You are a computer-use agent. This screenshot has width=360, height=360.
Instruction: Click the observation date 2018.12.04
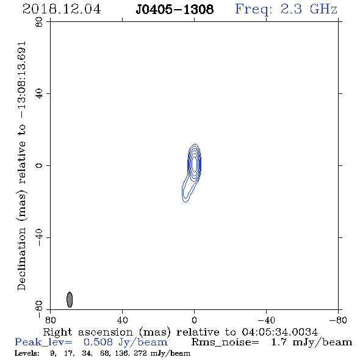tap(62, 9)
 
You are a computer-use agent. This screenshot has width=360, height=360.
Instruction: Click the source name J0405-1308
tap(175, 9)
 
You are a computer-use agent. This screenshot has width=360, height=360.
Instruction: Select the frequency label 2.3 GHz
tap(309, 9)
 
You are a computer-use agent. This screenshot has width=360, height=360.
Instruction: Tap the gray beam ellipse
tap(70, 300)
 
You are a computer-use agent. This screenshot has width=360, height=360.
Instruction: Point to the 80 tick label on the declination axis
tap(39, 22)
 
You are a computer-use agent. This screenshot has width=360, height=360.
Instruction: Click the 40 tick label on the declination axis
tap(39, 94)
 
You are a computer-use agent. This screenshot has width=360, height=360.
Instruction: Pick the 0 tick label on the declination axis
tap(39, 165)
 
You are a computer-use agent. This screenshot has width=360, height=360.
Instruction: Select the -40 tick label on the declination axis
tap(39, 237)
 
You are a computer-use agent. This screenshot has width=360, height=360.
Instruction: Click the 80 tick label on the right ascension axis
tap(50, 320)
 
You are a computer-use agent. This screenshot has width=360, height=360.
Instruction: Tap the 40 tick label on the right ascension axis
tap(122, 320)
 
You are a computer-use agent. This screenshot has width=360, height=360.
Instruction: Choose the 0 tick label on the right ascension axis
tap(194, 320)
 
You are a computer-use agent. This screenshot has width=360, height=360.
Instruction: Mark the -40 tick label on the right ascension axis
tap(266, 320)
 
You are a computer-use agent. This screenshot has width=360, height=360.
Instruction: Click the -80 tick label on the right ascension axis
tap(338, 320)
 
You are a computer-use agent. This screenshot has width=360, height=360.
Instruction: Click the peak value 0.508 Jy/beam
tap(126, 342)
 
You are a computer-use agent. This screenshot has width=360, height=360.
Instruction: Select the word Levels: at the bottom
tap(27, 353)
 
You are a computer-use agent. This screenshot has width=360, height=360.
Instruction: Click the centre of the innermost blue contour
tap(194, 164)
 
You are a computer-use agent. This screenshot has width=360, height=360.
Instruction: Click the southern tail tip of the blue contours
tap(185, 202)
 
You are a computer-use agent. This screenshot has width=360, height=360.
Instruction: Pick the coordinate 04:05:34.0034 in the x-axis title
tap(280, 332)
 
